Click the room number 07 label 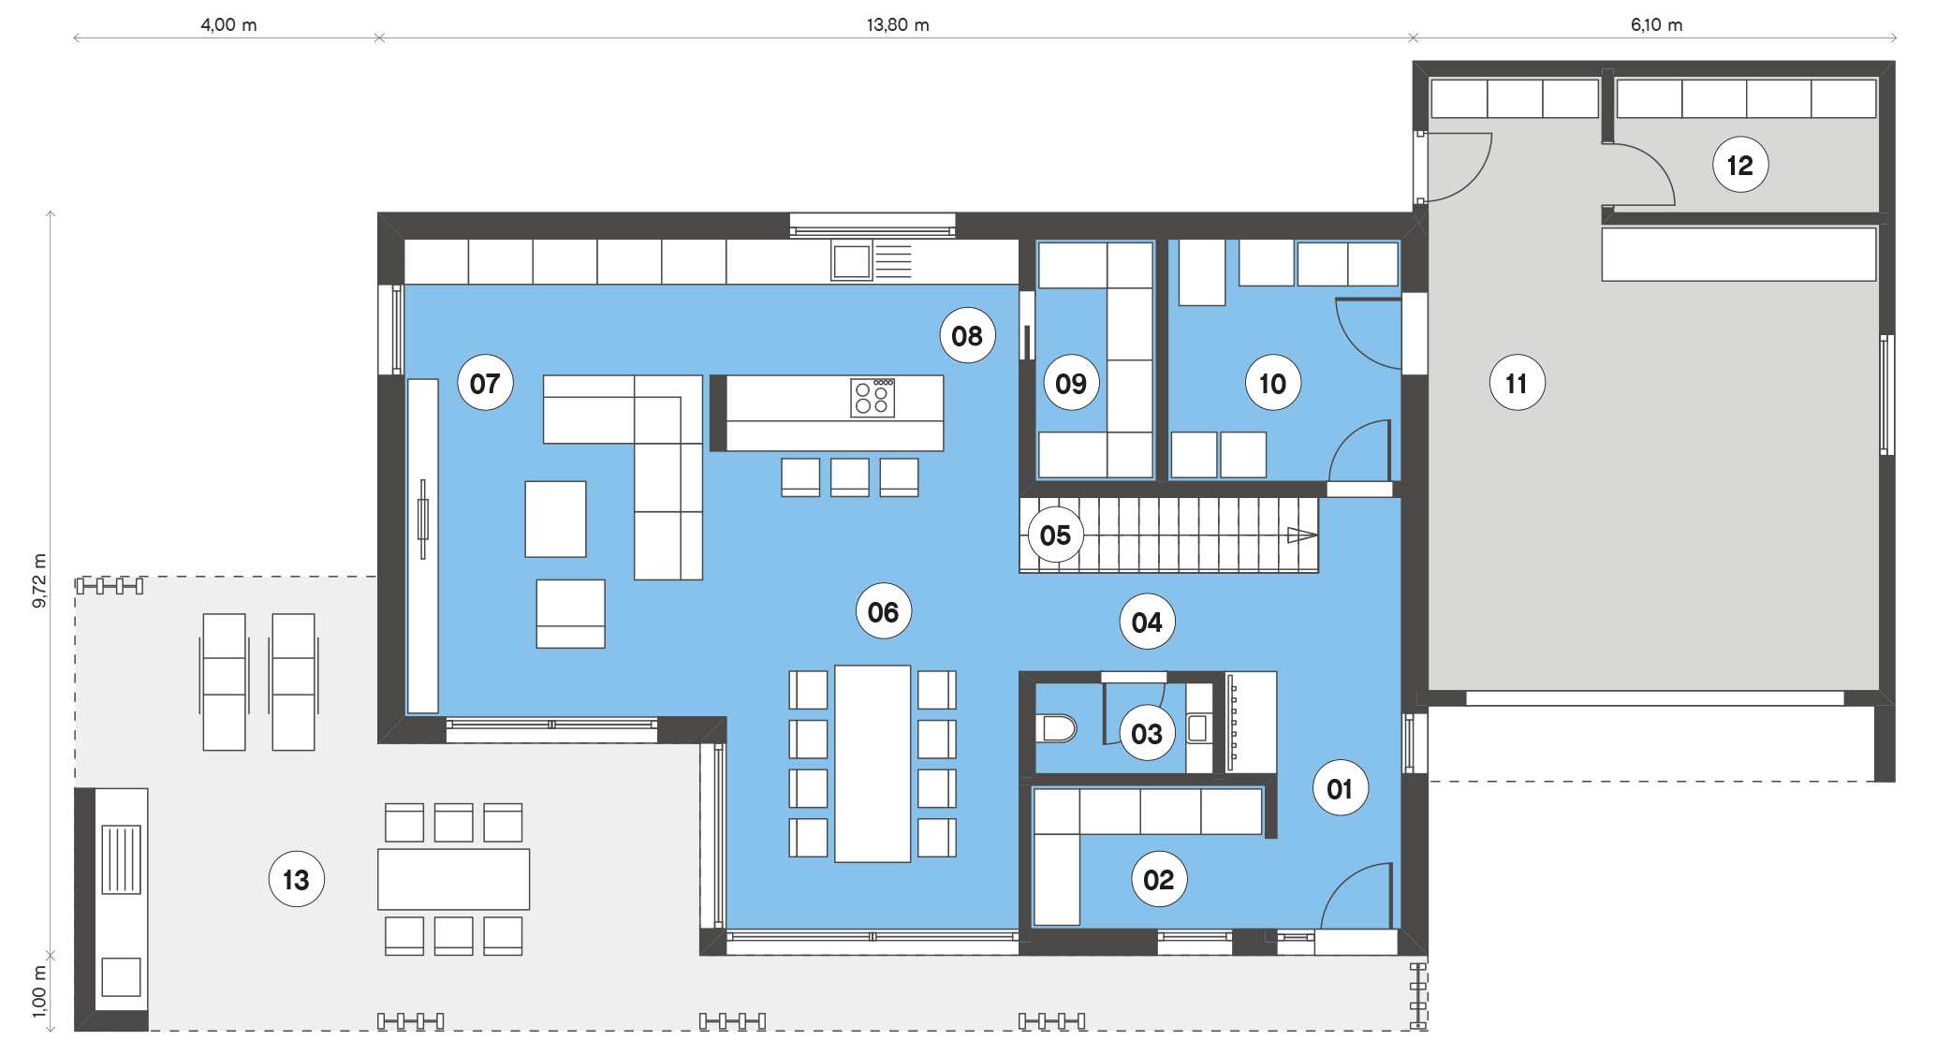(485, 383)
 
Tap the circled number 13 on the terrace (296, 880)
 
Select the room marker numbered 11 (1517, 383)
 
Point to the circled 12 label (1740, 165)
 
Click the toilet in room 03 (1057, 727)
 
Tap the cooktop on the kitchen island (873, 398)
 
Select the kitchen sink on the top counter (852, 261)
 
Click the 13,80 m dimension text (898, 25)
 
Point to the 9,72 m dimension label (39, 580)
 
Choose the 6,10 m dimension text (1656, 25)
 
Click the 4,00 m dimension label (228, 25)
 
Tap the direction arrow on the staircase (1302, 535)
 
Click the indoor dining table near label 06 (873, 764)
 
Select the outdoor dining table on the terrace (453, 879)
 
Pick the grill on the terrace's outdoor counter (121, 859)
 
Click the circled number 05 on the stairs (1055, 535)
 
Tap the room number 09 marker (1071, 383)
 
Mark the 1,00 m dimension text (39, 991)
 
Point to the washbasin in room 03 (1198, 727)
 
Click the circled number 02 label (1159, 880)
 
